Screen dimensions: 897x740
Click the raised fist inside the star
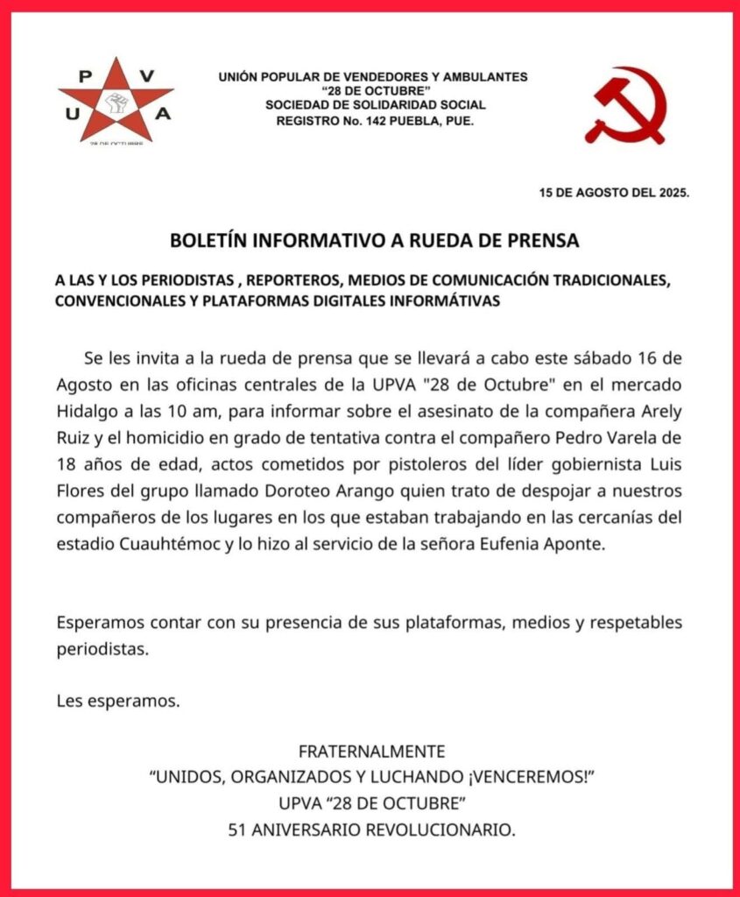tap(116, 104)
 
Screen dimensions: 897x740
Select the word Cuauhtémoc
tap(170, 543)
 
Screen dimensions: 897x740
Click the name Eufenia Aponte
tap(543, 543)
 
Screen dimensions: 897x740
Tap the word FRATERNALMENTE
tap(371, 752)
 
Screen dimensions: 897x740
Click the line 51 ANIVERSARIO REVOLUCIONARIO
tap(371, 828)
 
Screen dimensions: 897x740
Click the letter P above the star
tap(85, 75)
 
